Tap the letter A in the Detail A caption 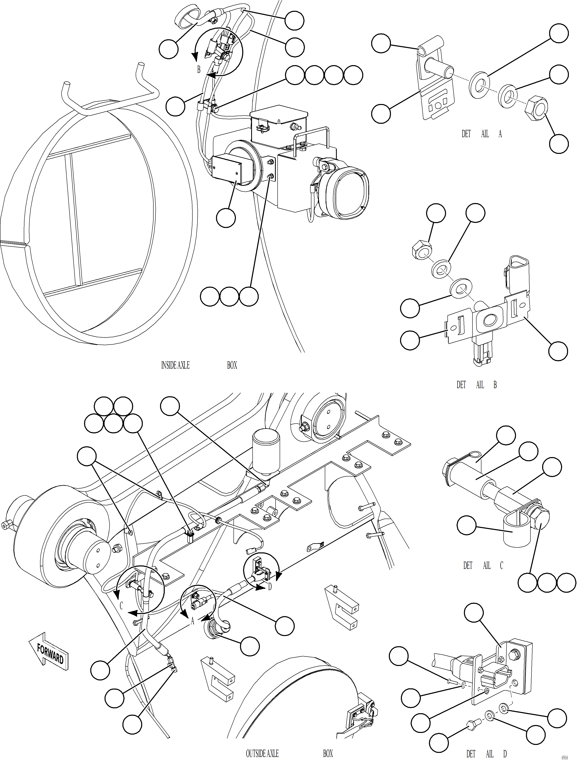(500, 134)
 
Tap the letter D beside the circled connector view (270, 587)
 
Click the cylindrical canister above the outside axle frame (266, 451)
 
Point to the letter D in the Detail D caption (505, 754)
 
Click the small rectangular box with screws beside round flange (227, 170)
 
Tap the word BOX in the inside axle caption (232, 365)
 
